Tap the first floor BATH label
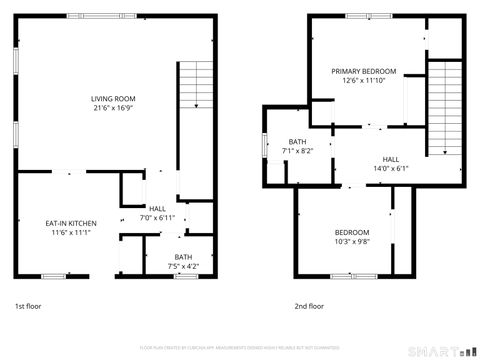(185, 257)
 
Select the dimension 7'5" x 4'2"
(185, 266)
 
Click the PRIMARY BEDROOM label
(364, 72)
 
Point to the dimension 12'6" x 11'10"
(364, 81)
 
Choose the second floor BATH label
(298, 142)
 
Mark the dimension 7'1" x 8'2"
(298, 151)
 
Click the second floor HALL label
(390, 159)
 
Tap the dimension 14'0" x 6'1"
(390, 168)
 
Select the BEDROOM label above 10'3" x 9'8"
(351, 232)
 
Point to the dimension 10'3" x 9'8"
(351, 241)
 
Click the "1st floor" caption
(29, 306)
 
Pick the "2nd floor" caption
(309, 306)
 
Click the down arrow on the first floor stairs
(197, 103)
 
